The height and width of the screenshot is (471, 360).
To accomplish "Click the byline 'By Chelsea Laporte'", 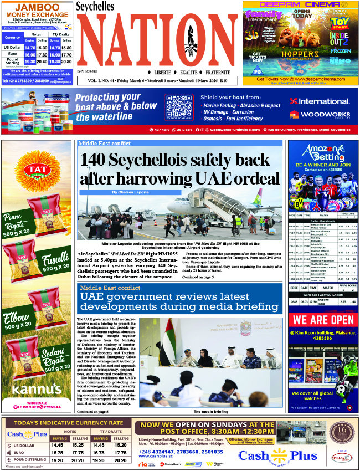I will (131, 192).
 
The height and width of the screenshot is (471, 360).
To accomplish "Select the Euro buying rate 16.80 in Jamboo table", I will (30, 55).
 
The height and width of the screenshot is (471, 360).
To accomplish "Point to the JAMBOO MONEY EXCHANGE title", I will (37, 10).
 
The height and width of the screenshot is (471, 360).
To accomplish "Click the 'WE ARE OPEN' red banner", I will (323, 320).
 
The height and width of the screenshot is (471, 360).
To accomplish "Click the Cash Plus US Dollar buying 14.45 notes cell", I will (56, 445).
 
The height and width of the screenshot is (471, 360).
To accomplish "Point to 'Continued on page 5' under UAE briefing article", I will (92, 412).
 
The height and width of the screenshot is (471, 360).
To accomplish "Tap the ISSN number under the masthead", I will (88, 71).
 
